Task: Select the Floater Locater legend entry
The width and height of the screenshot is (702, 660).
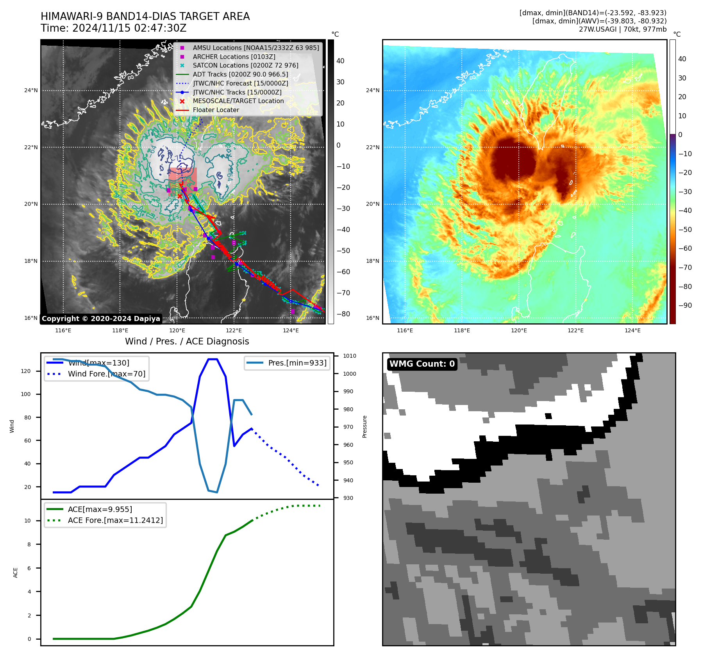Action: click(216, 110)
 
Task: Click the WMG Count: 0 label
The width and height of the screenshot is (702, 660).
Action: click(422, 364)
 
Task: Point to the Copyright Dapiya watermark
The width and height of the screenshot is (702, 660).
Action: click(101, 319)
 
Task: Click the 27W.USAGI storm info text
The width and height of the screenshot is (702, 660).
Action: click(622, 29)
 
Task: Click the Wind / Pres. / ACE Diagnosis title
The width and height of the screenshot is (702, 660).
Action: click(187, 341)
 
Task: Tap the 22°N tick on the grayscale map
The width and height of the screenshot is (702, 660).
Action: click(31, 147)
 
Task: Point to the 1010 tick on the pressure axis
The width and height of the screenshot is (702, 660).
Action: click(349, 356)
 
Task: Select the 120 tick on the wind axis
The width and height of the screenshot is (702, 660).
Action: click(26, 371)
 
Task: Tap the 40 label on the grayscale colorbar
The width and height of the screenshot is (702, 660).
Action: click(340, 61)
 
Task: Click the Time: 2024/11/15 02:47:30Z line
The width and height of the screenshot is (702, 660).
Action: click(114, 28)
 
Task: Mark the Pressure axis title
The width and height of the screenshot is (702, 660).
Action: click(364, 426)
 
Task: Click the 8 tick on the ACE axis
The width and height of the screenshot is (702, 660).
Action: click(29, 544)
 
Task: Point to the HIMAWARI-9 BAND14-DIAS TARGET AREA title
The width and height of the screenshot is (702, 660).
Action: click(145, 16)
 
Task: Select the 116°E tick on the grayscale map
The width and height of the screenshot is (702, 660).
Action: click(63, 330)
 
